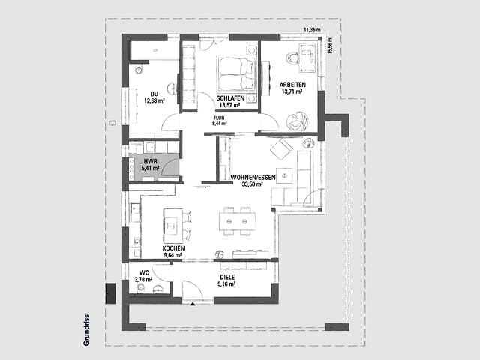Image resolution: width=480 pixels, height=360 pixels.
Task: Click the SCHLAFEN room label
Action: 230,98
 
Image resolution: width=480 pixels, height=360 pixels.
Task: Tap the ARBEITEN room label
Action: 292,85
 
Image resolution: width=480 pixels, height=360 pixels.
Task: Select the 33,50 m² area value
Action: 253,184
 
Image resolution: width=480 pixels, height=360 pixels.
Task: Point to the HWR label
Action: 151,161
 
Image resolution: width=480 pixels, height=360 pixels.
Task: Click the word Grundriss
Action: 87,330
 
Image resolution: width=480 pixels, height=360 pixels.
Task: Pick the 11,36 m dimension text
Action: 312,30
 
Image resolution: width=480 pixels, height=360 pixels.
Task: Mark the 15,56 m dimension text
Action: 330,46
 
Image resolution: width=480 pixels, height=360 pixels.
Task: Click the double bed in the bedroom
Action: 236,73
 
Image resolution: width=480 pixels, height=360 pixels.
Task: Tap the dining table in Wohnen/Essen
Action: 237,221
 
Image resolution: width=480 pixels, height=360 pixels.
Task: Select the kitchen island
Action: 173,226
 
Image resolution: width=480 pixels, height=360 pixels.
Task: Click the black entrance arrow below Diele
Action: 193,304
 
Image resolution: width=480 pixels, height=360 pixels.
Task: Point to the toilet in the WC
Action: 141,287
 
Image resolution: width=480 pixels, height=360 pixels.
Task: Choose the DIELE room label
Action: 227,277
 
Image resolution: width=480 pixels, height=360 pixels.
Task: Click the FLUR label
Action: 219,118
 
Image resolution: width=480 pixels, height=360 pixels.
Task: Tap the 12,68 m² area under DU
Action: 154,100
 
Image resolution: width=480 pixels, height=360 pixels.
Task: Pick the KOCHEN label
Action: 173,248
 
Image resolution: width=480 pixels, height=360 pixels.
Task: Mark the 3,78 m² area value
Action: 143,280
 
